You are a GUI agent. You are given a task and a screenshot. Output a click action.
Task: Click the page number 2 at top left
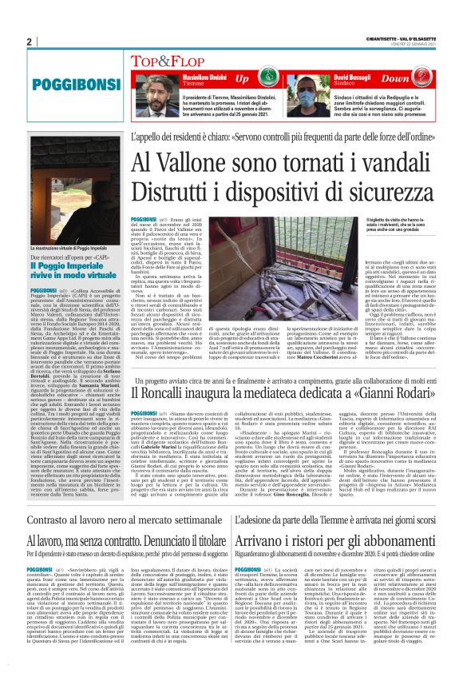[x=29, y=42]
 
